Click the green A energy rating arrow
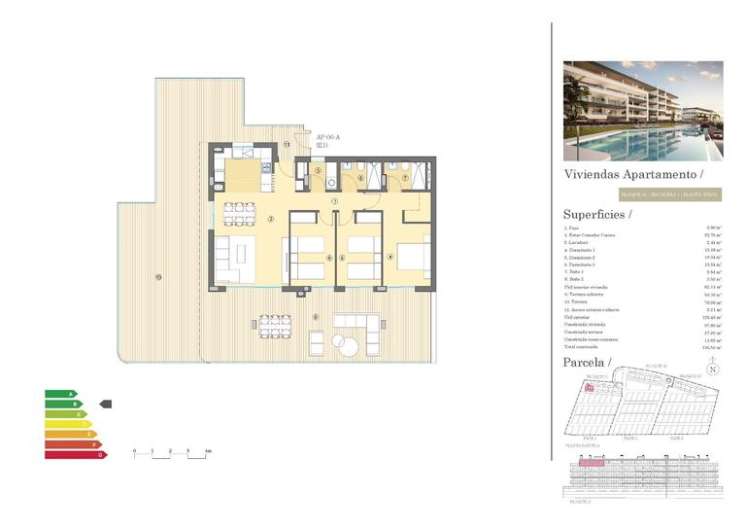(59, 394)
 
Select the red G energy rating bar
(74, 454)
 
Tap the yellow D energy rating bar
(66, 424)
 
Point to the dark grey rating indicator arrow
(107, 404)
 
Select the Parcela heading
(585, 363)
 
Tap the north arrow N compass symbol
(712, 369)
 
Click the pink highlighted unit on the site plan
(589, 387)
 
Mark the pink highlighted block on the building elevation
(592, 464)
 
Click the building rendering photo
(643, 111)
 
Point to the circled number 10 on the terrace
(157, 279)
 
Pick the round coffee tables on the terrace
(346, 344)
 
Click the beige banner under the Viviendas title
(642, 194)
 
